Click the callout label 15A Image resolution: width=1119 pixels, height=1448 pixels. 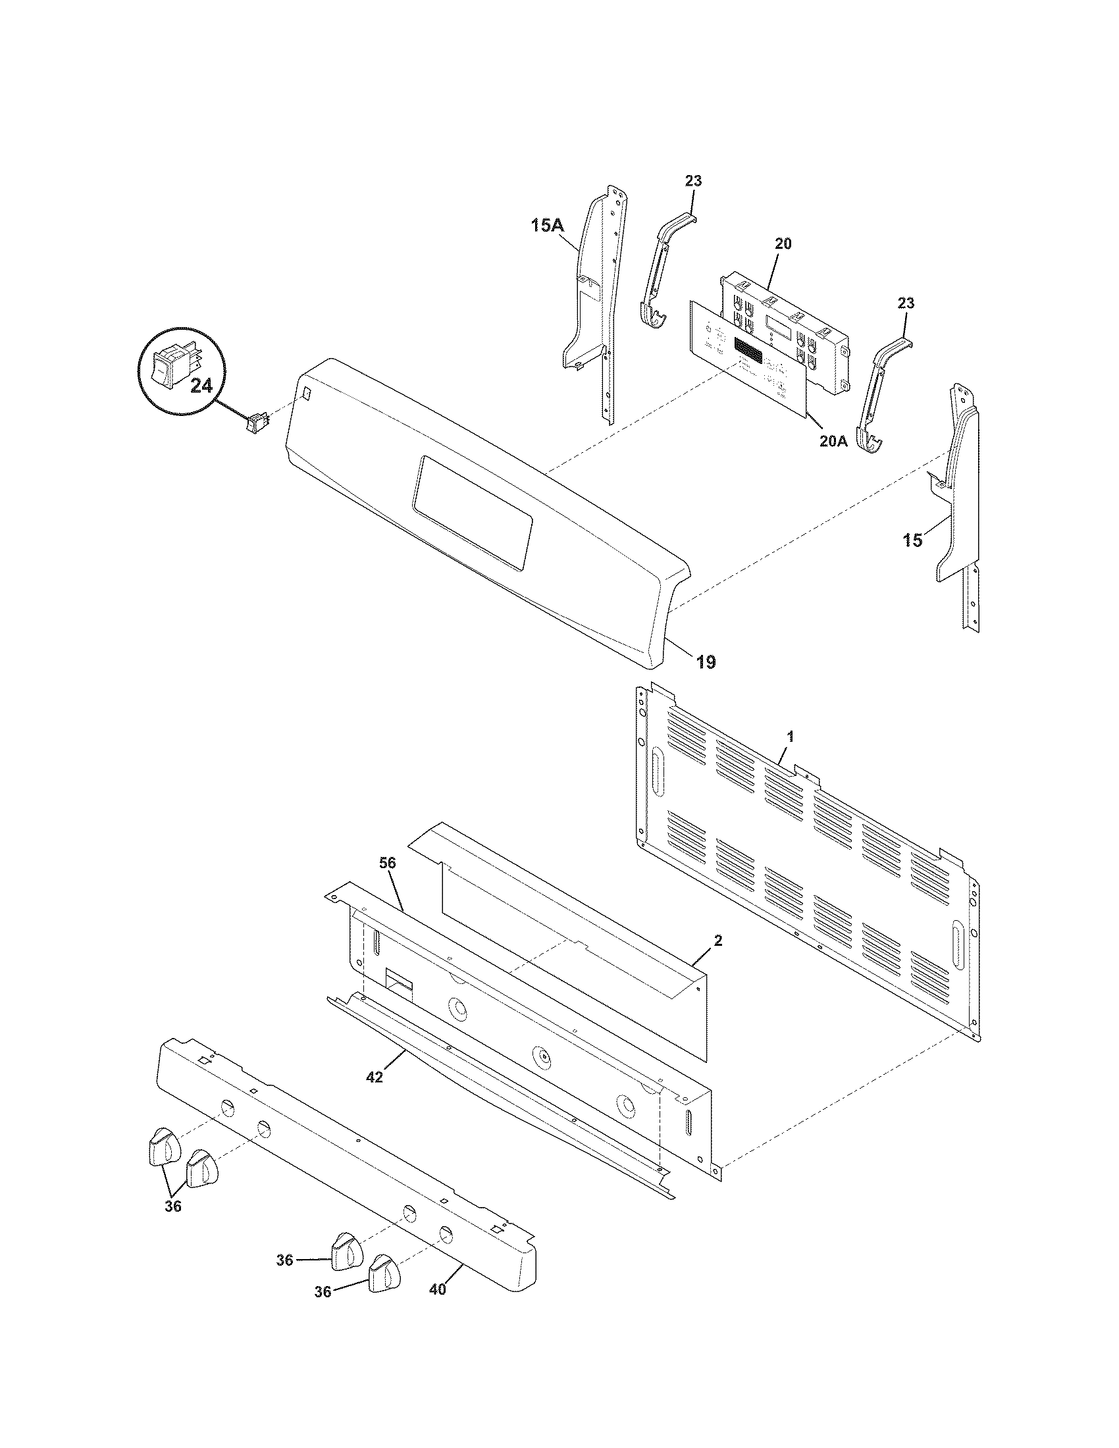click(546, 226)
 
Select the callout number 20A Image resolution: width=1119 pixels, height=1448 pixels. click(833, 440)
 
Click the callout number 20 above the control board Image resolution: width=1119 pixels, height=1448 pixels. click(783, 244)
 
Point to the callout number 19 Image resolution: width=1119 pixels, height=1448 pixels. click(706, 661)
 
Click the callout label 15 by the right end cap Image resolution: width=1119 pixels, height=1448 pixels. click(912, 540)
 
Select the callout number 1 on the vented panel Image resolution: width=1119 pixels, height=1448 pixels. click(790, 736)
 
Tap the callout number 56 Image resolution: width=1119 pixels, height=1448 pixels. click(388, 863)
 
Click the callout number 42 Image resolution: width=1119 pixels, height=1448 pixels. click(375, 1077)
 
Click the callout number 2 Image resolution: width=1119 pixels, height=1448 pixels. click(719, 941)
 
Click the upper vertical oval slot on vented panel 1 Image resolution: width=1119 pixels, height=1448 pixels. click(656, 773)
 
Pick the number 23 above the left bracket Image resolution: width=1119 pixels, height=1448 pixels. click(693, 181)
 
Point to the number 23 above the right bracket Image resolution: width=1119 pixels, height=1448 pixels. click(906, 303)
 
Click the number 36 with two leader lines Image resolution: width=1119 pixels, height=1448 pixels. click(172, 1206)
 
